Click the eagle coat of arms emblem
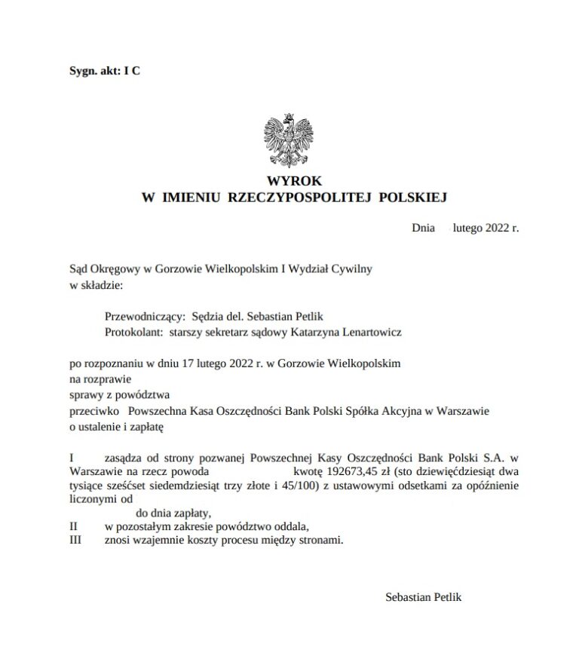[289, 140]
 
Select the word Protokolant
[136, 332]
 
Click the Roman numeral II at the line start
[73, 526]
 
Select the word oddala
[289, 526]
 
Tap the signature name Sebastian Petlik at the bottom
[423, 596]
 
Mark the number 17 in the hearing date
[189, 363]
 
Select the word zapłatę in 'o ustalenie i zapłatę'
[146, 427]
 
